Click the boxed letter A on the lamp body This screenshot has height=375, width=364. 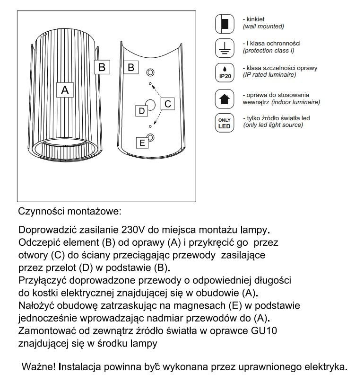[65, 89]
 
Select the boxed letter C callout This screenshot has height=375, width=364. [168, 104]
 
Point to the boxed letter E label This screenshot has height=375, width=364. [141, 142]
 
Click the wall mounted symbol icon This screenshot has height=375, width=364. [224, 23]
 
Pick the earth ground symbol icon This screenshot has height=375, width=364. [224, 47]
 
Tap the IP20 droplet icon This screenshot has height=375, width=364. [224, 71]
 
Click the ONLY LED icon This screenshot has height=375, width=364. [224, 123]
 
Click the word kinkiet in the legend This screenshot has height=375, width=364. [256, 19]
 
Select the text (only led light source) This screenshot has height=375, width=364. [273, 125]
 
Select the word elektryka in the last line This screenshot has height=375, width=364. [325, 366]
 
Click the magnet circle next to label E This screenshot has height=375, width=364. [150, 138]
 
